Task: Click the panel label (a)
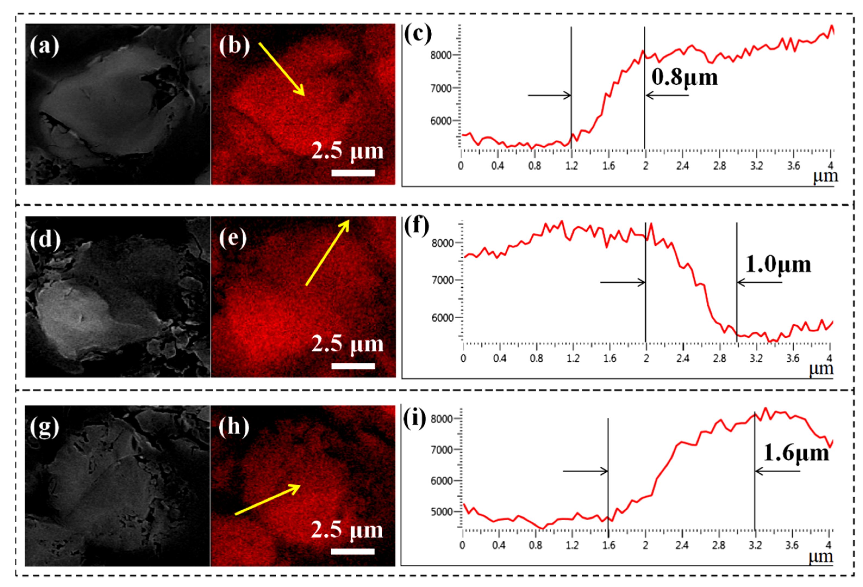click(45, 47)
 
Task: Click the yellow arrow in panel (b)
click(282, 69)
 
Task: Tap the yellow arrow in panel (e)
click(327, 253)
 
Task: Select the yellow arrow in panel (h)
click(267, 500)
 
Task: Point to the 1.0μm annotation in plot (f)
click(778, 265)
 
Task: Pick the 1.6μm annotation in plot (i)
click(796, 453)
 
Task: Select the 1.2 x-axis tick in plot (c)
click(571, 166)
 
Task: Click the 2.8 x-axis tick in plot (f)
click(719, 358)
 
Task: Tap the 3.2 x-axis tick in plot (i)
click(755, 545)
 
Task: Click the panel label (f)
click(416, 226)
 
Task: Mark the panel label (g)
click(45, 427)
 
